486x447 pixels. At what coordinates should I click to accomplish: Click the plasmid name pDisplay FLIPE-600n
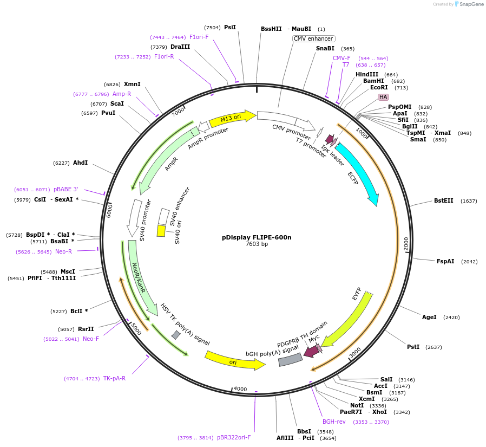coord(257,237)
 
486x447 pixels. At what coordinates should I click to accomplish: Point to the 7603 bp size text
coord(257,244)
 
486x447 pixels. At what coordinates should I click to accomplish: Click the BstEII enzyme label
coord(444,201)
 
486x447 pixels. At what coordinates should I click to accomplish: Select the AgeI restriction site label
coord(429,317)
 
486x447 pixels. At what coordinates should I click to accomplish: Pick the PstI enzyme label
coord(413,347)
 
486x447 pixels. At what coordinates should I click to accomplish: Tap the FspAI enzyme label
coord(446,261)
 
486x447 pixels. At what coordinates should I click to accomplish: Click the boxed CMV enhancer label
coord(313,39)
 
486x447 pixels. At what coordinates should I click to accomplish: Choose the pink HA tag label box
coord(383,97)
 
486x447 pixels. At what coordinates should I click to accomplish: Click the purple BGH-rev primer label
coord(334,422)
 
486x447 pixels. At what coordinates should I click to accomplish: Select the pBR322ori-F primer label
coord(234,437)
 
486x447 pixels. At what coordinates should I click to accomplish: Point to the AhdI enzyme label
coord(80,163)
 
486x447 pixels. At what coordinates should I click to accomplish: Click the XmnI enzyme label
coord(132,84)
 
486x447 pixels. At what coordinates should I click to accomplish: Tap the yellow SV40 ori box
coord(161,231)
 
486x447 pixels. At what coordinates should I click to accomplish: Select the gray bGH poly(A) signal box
coord(290,359)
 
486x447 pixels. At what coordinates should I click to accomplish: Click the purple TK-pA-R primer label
coord(114,378)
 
